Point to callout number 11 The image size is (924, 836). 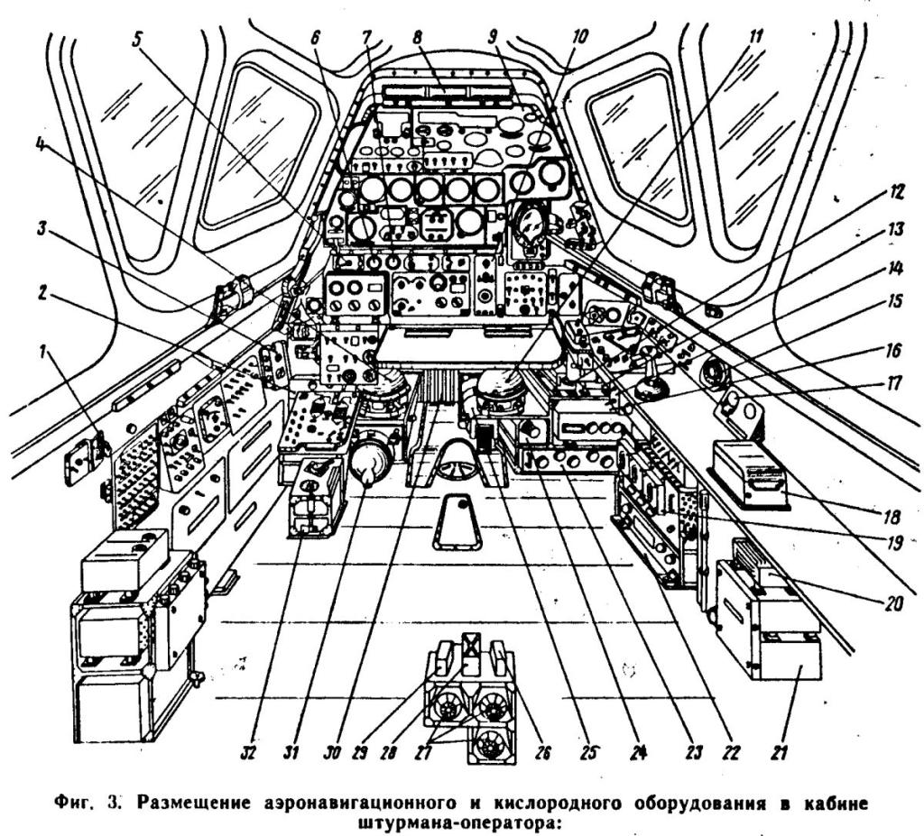point(755,38)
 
